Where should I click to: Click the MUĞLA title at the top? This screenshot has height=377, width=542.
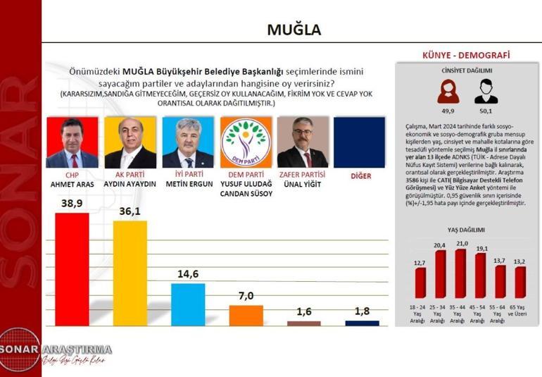(x=294, y=29)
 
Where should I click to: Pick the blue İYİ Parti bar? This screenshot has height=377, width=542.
(x=188, y=304)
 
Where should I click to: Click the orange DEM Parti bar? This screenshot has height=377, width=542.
(x=246, y=315)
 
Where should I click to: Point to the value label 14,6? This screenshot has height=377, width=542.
(x=188, y=275)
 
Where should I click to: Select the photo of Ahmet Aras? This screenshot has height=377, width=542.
(x=72, y=142)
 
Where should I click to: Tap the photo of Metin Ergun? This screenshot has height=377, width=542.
(x=188, y=142)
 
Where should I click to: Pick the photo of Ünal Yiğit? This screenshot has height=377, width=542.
(x=303, y=142)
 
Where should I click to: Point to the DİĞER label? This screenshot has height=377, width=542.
(x=360, y=176)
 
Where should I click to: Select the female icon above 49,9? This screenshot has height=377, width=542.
(x=446, y=91)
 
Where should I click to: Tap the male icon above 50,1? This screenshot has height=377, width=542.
(x=486, y=91)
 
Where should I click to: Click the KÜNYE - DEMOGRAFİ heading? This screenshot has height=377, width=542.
(x=465, y=55)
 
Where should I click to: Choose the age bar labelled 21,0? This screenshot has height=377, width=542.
(x=460, y=273)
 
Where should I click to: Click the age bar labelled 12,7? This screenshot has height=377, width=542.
(x=420, y=283)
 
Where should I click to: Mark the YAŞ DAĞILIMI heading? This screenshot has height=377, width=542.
(x=465, y=230)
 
